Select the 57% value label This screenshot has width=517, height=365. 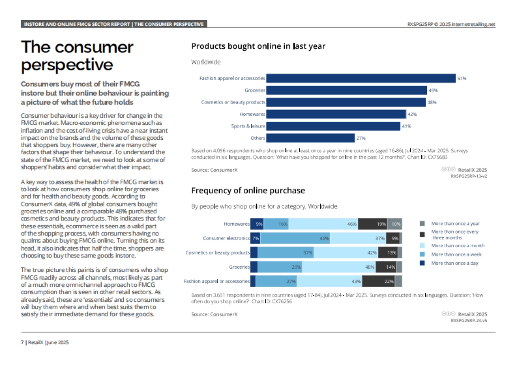462,79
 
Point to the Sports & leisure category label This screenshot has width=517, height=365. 248,126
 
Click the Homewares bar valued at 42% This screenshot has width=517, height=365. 336,114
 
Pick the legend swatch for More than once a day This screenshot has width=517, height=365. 422,263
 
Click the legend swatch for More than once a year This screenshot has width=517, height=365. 422,224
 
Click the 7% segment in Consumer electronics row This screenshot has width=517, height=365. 255,238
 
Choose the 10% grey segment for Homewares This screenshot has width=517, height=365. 395,224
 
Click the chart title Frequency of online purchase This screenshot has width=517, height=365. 248,190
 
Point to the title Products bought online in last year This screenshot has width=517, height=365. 258,46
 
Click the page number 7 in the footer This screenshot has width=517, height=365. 22,343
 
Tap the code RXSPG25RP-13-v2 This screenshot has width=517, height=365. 469,176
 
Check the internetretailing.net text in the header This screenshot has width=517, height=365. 473,25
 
